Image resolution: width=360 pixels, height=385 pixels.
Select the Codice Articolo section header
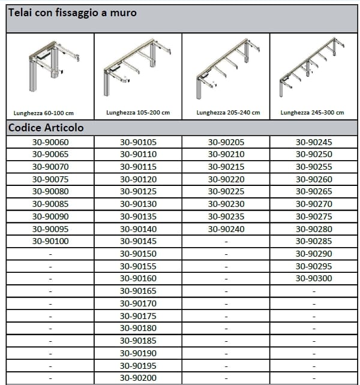tap(46, 128)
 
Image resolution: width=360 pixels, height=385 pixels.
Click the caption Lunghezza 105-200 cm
tap(137, 112)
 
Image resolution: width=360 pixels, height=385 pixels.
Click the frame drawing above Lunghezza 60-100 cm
tap(50, 65)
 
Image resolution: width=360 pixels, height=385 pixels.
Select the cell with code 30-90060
tap(50, 142)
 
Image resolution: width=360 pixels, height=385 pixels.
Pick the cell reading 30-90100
tap(50, 241)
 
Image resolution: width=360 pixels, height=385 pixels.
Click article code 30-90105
tap(138, 142)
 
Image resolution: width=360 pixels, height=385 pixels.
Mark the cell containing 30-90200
tap(138, 377)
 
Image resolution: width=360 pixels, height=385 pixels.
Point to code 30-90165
tap(138, 291)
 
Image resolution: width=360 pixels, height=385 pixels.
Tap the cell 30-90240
tap(226, 228)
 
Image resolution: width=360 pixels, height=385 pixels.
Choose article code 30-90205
tap(226, 142)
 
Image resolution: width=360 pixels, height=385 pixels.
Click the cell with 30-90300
tap(314, 278)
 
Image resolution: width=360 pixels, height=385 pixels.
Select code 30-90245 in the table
tap(314, 142)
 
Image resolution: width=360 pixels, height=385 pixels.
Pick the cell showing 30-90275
tap(314, 216)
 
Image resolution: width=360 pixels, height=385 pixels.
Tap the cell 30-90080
tap(50, 191)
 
